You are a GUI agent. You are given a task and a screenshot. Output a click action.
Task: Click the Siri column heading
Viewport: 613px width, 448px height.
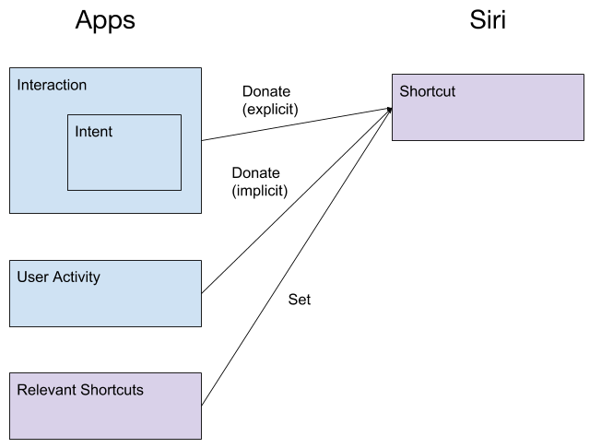[x=487, y=20]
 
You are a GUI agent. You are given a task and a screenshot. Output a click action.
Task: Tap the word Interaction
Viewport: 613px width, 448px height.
[x=52, y=86]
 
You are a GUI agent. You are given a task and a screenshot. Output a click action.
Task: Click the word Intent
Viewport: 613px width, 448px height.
[x=93, y=132]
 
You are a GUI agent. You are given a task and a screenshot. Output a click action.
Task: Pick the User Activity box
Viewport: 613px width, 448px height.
[x=105, y=293]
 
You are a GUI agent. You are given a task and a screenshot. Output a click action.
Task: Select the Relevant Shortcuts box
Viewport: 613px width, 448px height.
[x=105, y=406]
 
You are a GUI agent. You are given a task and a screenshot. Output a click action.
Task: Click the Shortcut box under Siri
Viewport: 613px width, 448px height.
[x=487, y=115]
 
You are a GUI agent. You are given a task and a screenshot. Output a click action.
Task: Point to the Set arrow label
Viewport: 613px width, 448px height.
[x=300, y=300]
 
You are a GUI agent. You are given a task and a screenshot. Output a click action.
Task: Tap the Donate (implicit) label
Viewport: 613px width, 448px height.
[x=259, y=182]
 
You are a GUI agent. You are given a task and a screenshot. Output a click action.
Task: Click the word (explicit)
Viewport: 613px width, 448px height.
[x=270, y=110]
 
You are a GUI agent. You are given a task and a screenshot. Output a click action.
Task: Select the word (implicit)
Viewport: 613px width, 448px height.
[x=259, y=191]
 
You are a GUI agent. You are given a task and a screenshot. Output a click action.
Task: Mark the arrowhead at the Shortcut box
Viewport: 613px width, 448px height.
[x=389, y=109]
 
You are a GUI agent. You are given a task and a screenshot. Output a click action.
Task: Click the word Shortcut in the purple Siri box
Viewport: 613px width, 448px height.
[x=427, y=92]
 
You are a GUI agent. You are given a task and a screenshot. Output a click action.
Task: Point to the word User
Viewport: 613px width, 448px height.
[x=32, y=277]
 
